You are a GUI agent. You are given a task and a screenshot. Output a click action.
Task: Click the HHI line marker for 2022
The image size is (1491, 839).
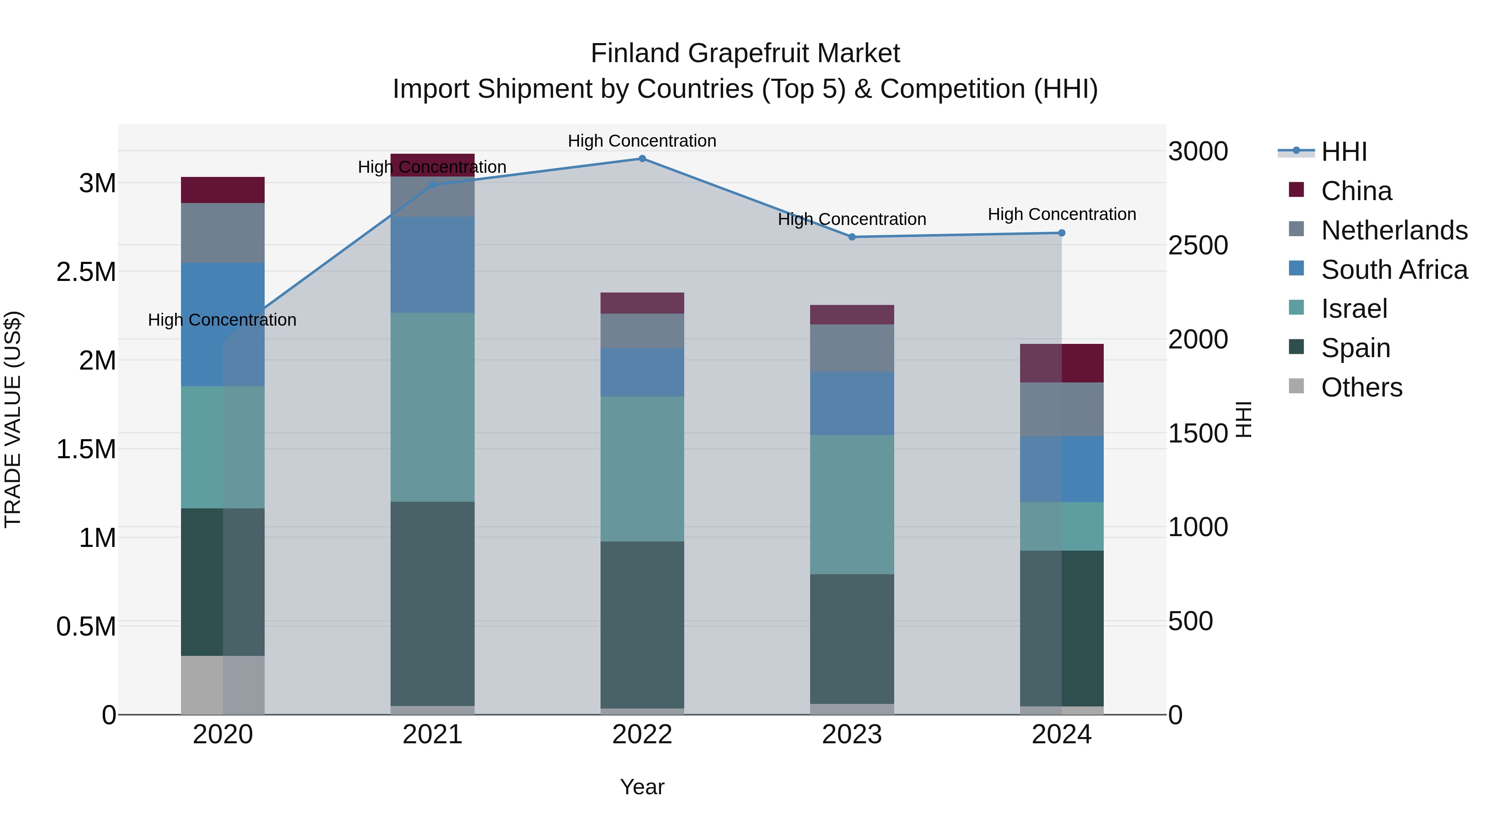click(642, 159)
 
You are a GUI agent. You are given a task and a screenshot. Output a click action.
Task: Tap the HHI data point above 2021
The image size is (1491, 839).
click(432, 185)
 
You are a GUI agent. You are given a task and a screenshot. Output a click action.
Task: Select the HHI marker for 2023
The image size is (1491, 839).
click(852, 237)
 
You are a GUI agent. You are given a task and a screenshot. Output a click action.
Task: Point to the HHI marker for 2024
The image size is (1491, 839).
click(1062, 233)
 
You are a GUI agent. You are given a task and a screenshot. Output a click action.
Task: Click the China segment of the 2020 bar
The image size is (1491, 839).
click(223, 190)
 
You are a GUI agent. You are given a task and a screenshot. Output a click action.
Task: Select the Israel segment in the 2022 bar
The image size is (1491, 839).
click(642, 469)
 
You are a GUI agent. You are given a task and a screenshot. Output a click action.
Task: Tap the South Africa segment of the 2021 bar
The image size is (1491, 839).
click(432, 265)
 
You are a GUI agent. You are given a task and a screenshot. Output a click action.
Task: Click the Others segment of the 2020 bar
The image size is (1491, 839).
click(223, 685)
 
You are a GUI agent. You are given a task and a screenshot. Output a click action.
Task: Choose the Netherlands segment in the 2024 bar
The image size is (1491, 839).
click(1062, 409)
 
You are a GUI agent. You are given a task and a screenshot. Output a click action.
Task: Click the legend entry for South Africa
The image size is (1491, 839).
click(1394, 270)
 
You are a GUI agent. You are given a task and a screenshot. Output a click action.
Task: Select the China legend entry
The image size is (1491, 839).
click(1356, 191)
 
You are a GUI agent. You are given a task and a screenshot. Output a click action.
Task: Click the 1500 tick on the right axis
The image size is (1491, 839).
click(1197, 434)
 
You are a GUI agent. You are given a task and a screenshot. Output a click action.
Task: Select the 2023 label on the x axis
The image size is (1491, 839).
click(852, 735)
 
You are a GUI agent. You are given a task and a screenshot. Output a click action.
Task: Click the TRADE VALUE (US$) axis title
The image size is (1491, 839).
click(13, 419)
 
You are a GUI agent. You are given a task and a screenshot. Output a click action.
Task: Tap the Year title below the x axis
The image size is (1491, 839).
click(642, 787)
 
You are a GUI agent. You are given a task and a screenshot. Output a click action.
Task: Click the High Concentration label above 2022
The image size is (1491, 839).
click(642, 141)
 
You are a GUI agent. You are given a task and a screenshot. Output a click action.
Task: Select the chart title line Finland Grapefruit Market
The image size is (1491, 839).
click(745, 53)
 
